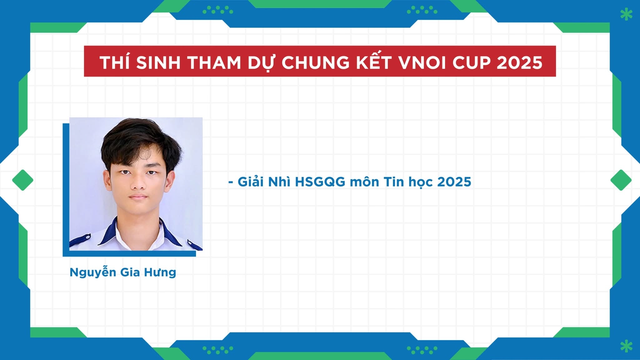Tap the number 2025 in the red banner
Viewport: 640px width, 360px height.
(519, 62)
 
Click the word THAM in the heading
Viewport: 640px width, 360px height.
(214, 62)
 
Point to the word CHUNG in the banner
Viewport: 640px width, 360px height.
(316, 62)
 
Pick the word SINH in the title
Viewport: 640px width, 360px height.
(158, 62)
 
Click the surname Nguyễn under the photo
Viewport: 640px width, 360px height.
(93, 272)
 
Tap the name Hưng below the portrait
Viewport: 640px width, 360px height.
(160, 272)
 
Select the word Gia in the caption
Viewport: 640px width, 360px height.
(130, 272)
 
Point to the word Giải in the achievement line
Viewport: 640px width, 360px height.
(251, 182)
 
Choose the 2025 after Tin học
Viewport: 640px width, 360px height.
(454, 182)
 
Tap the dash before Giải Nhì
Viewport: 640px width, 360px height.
(231, 182)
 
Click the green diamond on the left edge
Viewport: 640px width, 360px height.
(23, 180)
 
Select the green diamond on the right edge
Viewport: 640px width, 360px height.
(621, 180)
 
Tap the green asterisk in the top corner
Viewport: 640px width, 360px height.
(626, 14)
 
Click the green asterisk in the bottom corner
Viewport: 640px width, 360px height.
(626, 346)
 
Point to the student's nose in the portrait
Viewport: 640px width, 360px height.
(138, 183)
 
